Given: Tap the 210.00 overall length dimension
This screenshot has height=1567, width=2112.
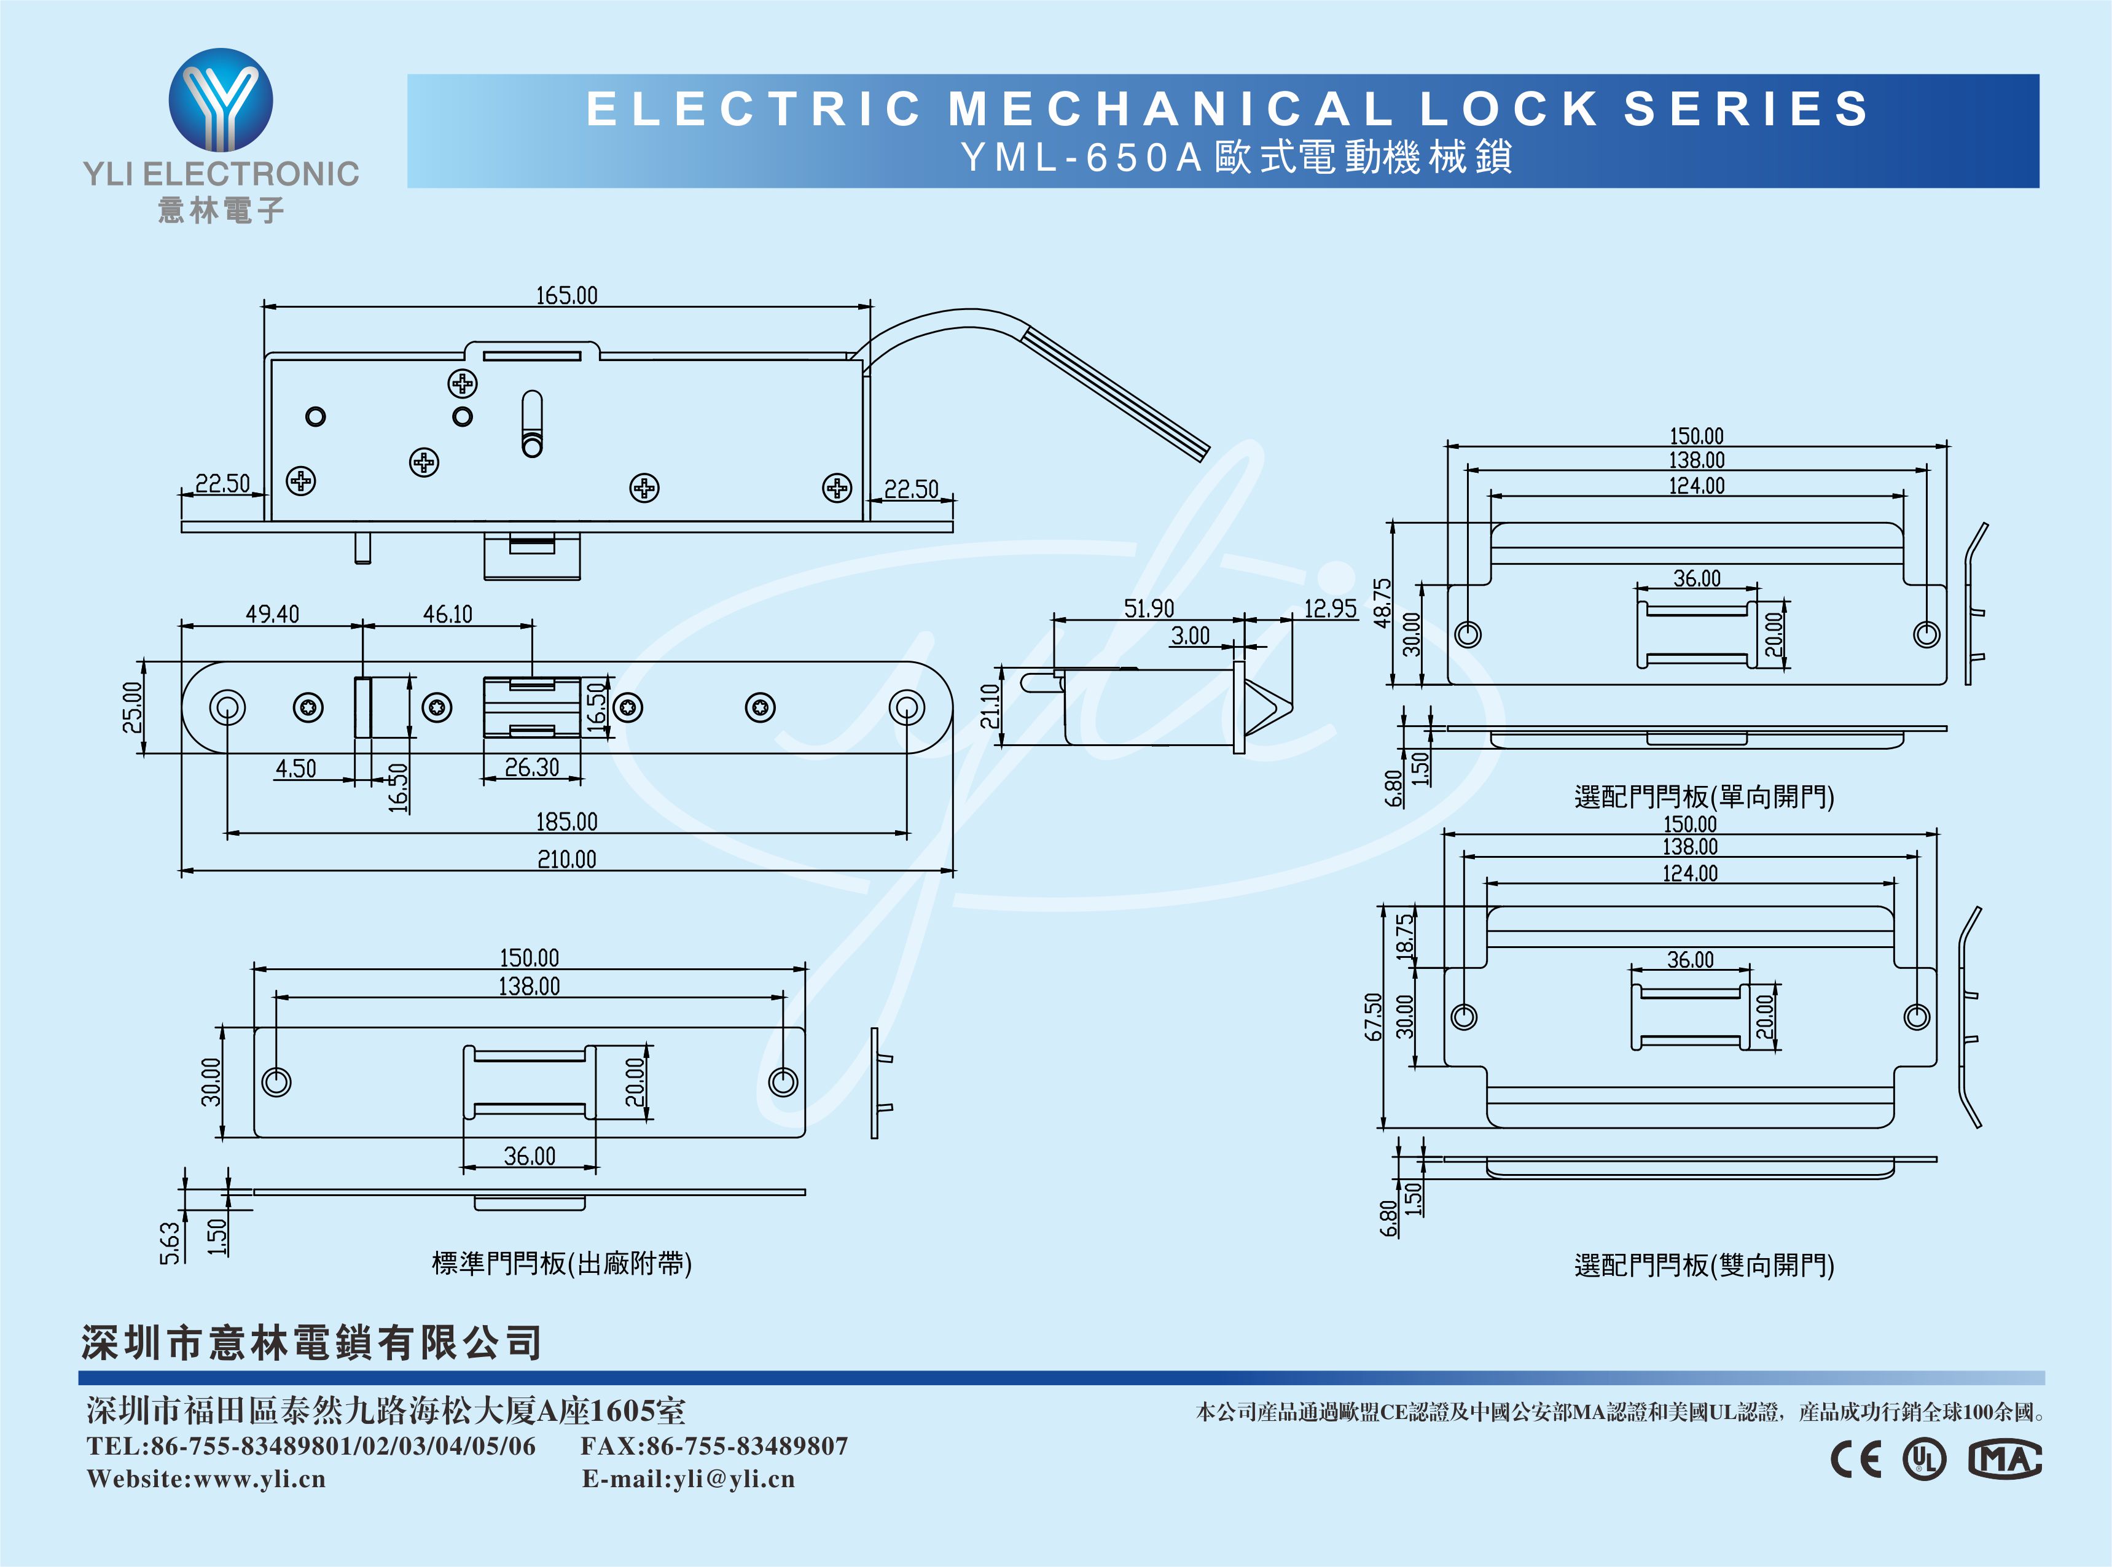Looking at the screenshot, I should click(x=566, y=860).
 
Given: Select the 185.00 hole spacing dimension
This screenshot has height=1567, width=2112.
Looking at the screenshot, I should click(x=566, y=822).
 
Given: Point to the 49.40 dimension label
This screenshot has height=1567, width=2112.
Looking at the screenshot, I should click(x=272, y=615).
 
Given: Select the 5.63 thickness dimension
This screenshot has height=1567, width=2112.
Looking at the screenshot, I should click(x=169, y=1243).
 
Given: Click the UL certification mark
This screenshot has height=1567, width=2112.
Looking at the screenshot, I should click(x=1924, y=1459).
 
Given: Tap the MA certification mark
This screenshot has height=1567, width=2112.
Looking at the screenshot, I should click(x=2004, y=1459).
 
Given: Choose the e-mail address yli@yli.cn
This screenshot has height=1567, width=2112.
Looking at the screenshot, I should click(x=733, y=1479).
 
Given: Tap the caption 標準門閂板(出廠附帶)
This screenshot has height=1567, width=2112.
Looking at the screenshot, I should click(x=561, y=1264).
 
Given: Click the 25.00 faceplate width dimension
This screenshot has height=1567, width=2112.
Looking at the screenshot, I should click(x=132, y=707).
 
